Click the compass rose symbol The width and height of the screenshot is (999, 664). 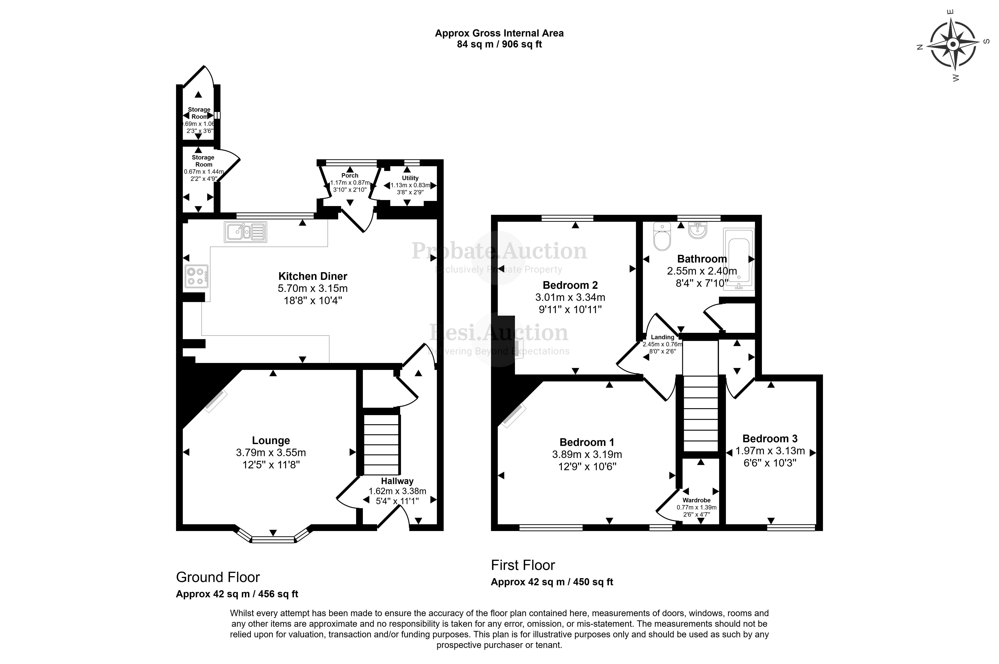pos(952,44)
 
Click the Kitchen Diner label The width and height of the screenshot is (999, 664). pos(313,276)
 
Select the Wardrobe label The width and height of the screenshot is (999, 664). pos(696,500)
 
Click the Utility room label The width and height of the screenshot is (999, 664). pos(410,178)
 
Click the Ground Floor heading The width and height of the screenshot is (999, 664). pos(218,577)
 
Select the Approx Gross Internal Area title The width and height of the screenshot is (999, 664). pos(499,33)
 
